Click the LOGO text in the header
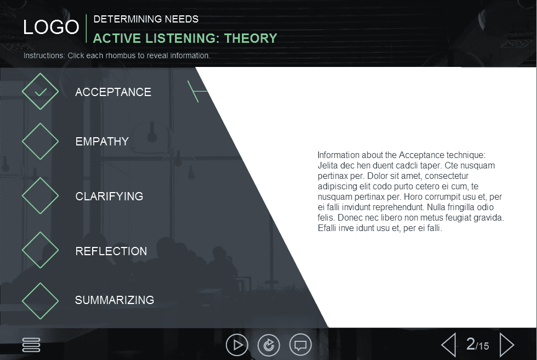tap(51, 27)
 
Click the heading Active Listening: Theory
tap(185, 38)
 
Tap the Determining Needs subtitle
tap(146, 19)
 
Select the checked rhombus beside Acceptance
tap(40, 92)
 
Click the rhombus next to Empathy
tap(40, 141)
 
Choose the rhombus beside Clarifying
tap(40, 196)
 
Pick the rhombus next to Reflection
tap(40, 250)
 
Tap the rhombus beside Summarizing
tap(40, 300)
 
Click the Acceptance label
tap(113, 92)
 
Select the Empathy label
tap(102, 142)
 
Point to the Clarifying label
tap(109, 196)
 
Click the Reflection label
tap(111, 251)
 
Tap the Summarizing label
tap(114, 300)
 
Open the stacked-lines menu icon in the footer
tap(31, 345)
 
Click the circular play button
tap(237, 345)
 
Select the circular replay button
tap(269, 345)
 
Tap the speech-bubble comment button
tap(300, 345)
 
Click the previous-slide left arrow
tap(449, 345)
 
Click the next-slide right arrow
tap(507, 345)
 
